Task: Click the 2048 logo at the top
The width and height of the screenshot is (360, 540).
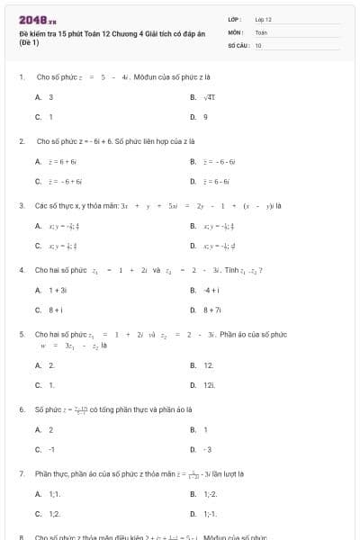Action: tap(31, 18)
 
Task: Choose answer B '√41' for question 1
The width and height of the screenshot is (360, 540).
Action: tap(208, 96)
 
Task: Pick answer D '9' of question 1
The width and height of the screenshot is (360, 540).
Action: tap(205, 117)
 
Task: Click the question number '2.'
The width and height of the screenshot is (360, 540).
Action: tap(22, 141)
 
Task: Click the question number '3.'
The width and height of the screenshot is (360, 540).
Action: tap(22, 205)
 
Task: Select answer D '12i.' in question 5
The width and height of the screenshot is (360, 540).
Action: tap(209, 385)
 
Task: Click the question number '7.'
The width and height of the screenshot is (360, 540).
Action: tap(22, 473)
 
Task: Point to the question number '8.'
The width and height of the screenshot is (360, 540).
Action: tap(22, 536)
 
